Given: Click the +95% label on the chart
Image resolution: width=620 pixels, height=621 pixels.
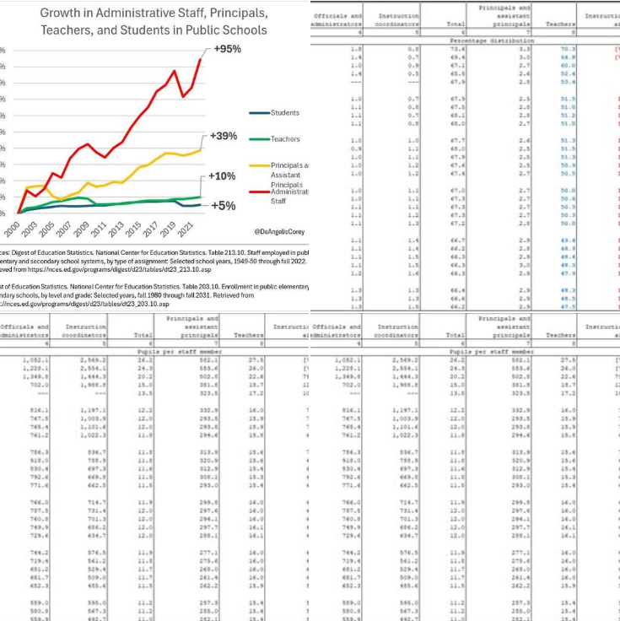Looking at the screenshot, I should click(227, 49).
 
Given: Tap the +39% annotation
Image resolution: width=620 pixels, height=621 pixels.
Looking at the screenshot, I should click(224, 137).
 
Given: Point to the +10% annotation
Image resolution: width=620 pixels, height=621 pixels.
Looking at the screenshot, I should click(222, 176).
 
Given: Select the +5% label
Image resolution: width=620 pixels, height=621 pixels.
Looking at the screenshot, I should click(223, 206).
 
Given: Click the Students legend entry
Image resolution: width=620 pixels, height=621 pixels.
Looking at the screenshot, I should click(284, 113).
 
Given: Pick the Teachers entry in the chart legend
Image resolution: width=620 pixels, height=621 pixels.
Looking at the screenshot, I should click(284, 139).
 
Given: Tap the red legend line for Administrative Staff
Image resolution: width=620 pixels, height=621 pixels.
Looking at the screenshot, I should click(259, 192).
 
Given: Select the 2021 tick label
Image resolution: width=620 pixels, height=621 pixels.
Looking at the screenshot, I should click(188, 229).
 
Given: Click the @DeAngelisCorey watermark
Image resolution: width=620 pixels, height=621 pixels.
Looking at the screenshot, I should click(279, 230).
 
